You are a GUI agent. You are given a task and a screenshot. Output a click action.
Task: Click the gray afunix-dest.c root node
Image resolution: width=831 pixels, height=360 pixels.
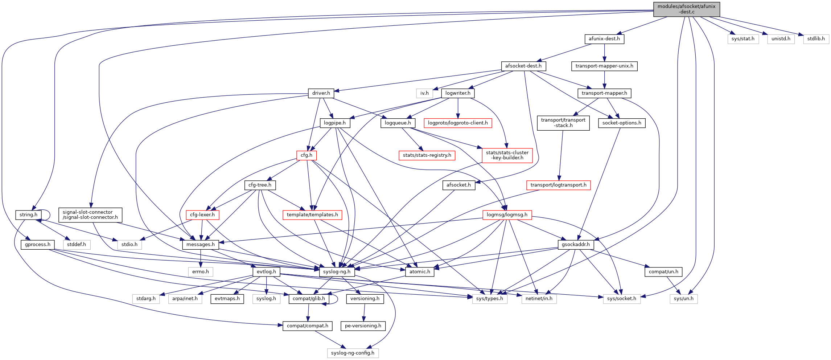pos(686,9)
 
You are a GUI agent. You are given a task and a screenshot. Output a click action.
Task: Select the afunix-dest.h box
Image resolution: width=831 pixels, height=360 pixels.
pos(604,39)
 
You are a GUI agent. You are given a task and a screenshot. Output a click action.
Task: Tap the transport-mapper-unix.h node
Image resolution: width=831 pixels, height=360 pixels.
pos(604,66)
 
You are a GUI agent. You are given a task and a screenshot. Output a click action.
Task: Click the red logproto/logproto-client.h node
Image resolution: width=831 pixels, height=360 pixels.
pos(458,123)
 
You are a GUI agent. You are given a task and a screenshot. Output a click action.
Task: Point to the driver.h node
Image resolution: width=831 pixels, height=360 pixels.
pos(321,93)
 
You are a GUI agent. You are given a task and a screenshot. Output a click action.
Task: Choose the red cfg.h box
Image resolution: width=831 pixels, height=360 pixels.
pos(306,155)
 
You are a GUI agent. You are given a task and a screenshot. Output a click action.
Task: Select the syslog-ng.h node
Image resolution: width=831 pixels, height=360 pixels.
pos(337,272)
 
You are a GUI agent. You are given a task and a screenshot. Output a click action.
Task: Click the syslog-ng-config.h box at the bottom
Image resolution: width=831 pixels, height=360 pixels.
pos(353,353)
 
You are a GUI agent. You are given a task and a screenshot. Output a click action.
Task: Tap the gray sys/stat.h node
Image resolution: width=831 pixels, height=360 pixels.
pos(742,39)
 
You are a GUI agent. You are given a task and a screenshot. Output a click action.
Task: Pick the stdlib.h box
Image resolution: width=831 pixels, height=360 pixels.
pos(816,39)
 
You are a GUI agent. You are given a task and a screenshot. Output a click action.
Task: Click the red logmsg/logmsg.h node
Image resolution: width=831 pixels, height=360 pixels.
pos(507,215)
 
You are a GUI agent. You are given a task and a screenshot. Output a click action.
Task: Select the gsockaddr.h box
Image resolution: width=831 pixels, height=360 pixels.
pos(575,245)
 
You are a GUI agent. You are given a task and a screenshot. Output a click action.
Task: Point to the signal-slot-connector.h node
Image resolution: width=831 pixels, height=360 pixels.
pos(90,215)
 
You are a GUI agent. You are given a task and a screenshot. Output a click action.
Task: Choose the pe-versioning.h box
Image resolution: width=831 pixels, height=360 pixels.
pos(363,326)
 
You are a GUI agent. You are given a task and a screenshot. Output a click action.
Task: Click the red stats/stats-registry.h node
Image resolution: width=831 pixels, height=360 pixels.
pos(427,155)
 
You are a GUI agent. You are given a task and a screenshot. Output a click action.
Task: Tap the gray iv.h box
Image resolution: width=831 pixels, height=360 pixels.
pos(424,93)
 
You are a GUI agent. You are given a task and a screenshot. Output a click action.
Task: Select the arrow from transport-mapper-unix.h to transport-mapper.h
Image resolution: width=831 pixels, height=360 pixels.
pos(604,79)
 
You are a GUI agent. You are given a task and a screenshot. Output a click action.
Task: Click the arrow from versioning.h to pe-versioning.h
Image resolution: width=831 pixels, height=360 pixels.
pos(364,312)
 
